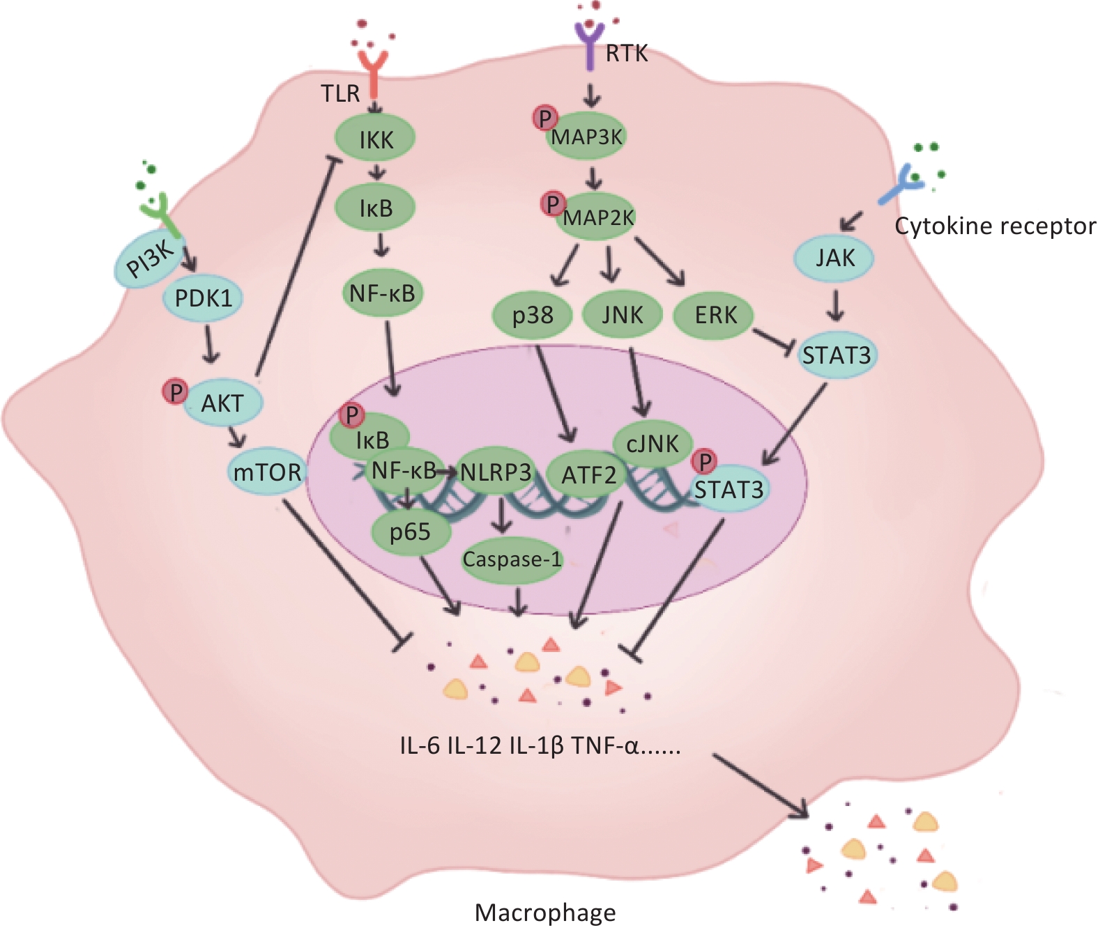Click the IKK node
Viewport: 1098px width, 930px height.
click(x=376, y=139)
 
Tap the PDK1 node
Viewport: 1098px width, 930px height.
click(x=203, y=298)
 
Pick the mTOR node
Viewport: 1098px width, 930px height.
click(x=267, y=472)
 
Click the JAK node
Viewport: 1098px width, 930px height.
click(x=834, y=258)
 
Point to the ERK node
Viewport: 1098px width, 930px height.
click(x=715, y=316)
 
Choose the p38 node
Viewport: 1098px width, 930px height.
click(x=533, y=316)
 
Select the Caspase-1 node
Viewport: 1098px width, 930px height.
click(x=512, y=559)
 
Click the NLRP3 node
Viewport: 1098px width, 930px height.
click(x=496, y=472)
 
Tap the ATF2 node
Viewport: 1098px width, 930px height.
click(x=588, y=475)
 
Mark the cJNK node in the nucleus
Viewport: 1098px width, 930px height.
click(x=653, y=443)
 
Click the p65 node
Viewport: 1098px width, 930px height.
click(x=410, y=532)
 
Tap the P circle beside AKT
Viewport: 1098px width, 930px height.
click(x=175, y=392)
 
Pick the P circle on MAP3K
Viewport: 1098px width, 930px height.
click(x=544, y=118)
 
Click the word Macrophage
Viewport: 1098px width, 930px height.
click(x=545, y=912)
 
